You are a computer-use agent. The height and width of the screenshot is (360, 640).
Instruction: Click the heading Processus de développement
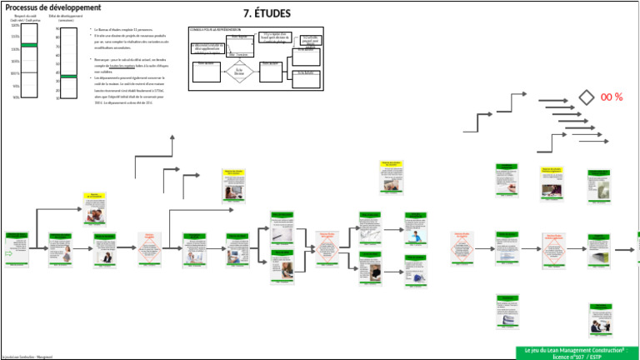pyautogui.click(x=48, y=7)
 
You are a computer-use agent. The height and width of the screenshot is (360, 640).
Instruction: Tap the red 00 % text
pyautogui.click(x=612, y=97)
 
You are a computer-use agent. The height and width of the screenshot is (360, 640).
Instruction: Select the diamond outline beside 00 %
pyautogui.click(x=587, y=97)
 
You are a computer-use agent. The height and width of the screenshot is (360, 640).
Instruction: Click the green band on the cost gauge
pyautogui.click(x=29, y=45)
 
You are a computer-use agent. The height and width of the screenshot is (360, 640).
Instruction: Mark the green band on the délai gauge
pyautogui.click(x=68, y=77)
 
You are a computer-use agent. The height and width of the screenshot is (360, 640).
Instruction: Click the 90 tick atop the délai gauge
pyautogui.click(x=57, y=29)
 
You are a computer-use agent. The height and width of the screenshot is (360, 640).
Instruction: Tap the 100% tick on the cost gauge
pyautogui.click(x=16, y=73)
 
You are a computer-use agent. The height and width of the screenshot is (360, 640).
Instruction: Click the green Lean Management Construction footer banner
pyautogui.click(x=575, y=352)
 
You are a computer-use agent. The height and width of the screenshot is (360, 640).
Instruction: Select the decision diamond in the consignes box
pyautogui.click(x=239, y=72)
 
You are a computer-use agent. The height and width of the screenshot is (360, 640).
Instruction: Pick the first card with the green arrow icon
pyautogui.click(x=16, y=249)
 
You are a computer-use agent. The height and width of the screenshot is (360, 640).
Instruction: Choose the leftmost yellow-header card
pyautogui.click(x=94, y=209)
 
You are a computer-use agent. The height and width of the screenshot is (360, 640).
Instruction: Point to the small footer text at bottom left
pyautogui.click(x=27, y=356)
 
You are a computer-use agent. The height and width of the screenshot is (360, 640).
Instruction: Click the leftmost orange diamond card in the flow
pyautogui.click(x=150, y=249)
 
